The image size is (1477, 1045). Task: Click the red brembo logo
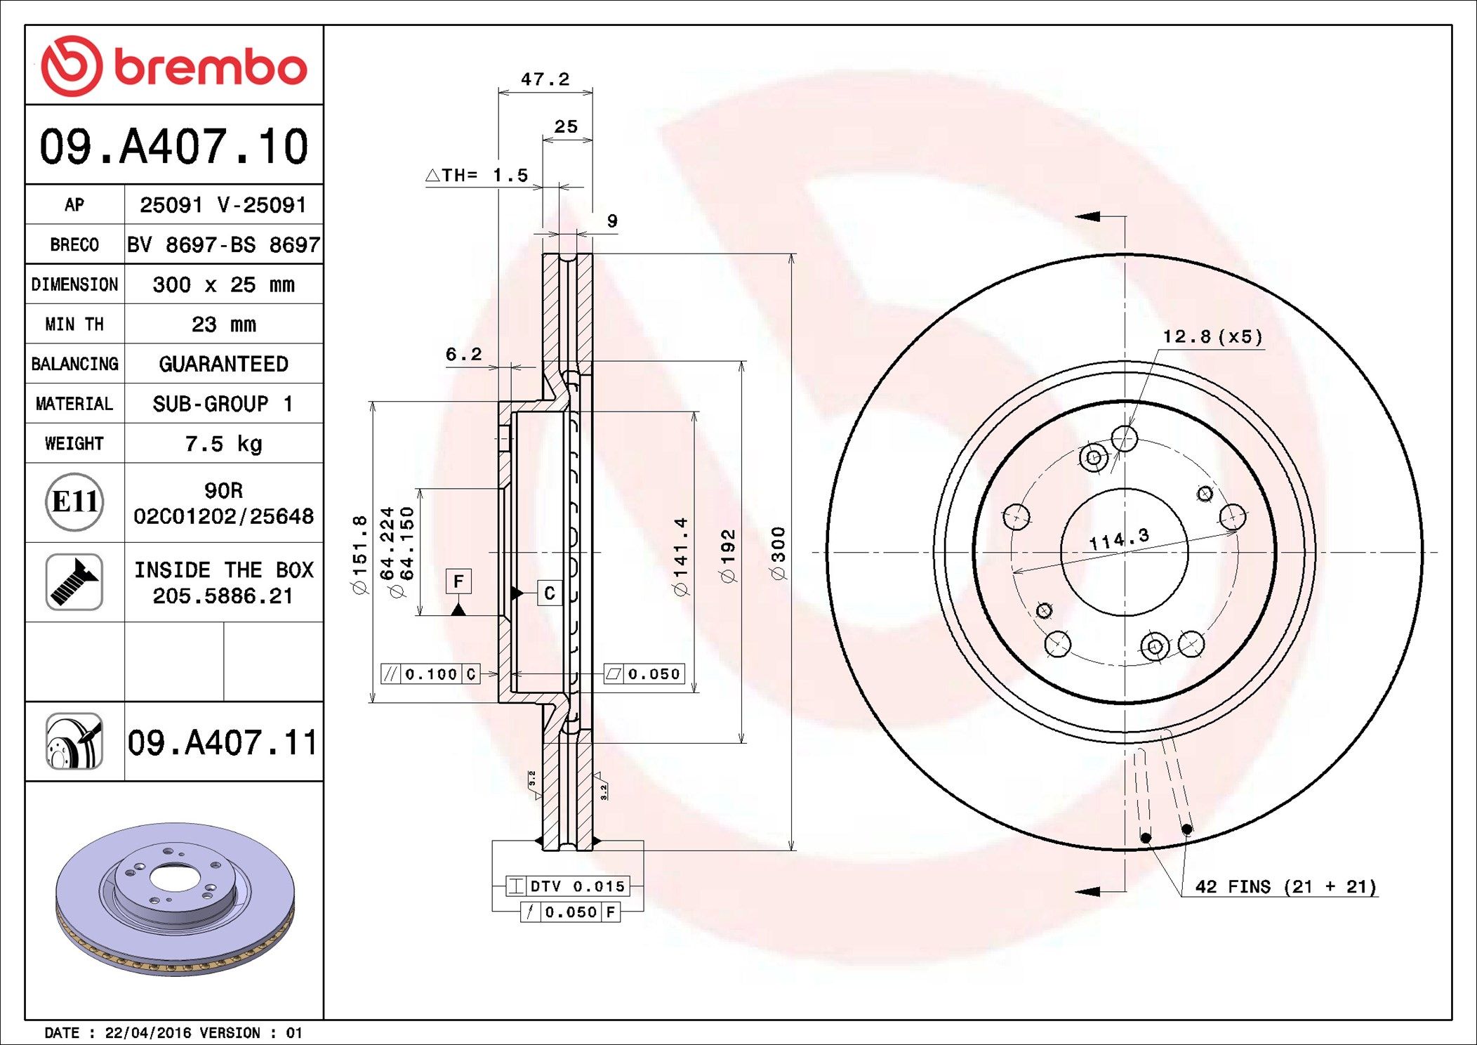[x=174, y=66]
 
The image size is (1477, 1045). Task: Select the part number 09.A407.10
[x=174, y=146]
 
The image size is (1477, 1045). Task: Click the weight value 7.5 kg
[x=223, y=444]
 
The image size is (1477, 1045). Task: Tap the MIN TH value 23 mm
[x=223, y=324]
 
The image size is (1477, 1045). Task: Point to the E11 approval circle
[x=74, y=502]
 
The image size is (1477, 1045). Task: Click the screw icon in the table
[x=74, y=581]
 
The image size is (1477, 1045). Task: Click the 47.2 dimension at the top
[x=545, y=79]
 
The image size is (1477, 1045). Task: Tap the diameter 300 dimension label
[x=779, y=553]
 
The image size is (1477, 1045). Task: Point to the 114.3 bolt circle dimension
[x=1119, y=539]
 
